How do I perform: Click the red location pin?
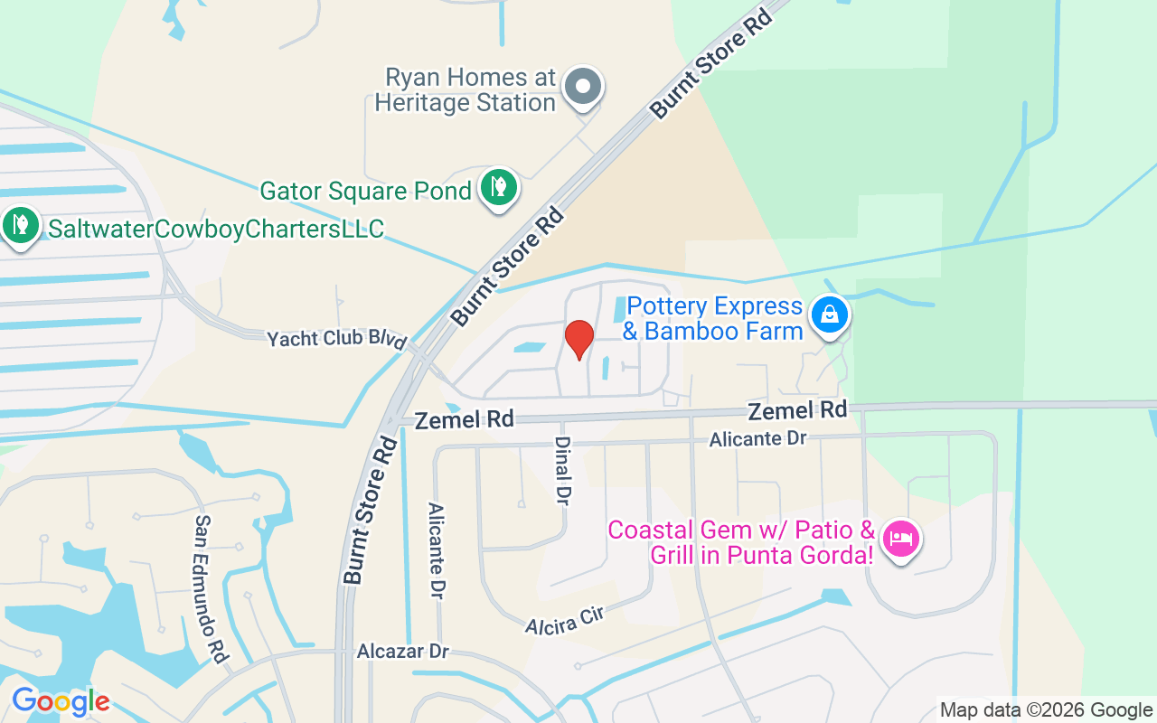coord(579,339)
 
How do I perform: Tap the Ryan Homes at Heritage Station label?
coord(466,90)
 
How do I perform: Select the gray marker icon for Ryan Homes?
coord(583,88)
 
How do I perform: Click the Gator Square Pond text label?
coord(365,192)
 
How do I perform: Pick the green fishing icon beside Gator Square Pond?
coord(498,188)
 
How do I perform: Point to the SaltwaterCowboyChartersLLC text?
coord(216,229)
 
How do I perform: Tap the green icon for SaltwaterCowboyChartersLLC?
coord(19,223)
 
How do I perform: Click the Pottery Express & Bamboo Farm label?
coord(714,319)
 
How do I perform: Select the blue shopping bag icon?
coord(829,315)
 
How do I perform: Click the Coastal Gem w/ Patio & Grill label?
coord(741,541)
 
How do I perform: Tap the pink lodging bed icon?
coord(900,540)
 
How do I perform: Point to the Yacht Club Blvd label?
coord(337,339)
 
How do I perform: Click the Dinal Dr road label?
coord(562,471)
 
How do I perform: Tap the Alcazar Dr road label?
coord(402,652)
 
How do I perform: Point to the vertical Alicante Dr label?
coord(437,551)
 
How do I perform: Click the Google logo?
coord(60,702)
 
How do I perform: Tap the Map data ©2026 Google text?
coord(1046,710)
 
